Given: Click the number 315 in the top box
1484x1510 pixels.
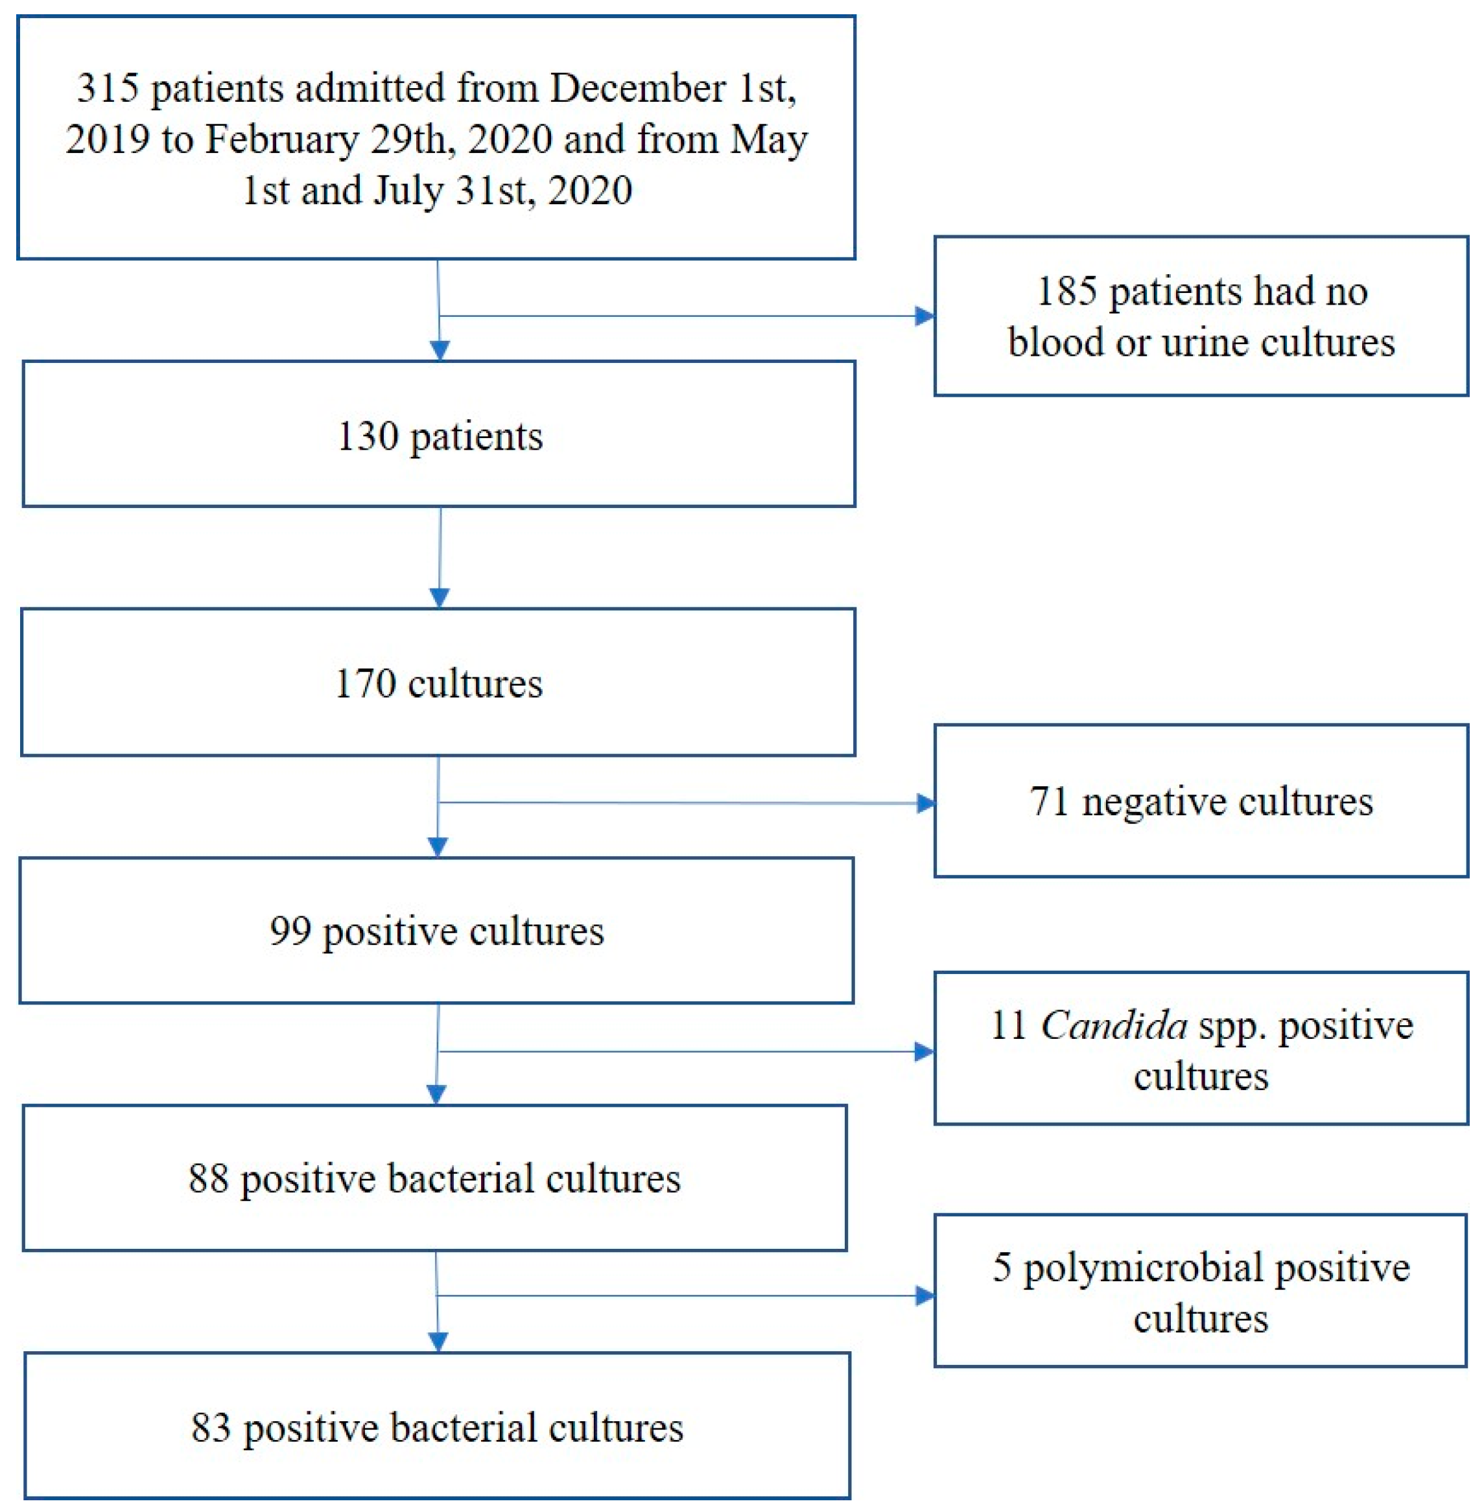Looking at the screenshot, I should click(108, 88).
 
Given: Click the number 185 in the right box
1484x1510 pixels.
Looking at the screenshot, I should click(1066, 292).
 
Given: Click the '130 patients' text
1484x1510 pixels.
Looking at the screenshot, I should click(440, 436).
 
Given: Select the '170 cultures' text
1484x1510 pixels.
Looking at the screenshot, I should click(438, 684).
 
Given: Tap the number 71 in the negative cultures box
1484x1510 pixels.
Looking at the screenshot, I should click(1048, 802).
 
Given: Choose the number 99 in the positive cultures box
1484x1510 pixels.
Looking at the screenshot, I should click(290, 931).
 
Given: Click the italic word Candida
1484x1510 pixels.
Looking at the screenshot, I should click(1114, 1025).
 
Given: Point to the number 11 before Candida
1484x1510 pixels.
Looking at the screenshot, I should click(1007, 1025).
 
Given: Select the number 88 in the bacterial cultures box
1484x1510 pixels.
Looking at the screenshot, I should click(208, 1178).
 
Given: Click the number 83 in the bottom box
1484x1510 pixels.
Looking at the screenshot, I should click(211, 1428).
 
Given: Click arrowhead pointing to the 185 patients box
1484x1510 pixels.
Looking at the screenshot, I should click(925, 316).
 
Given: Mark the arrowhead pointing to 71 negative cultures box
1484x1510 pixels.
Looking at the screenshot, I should click(925, 804).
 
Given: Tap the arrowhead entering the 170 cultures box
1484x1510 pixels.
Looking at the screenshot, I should click(440, 598).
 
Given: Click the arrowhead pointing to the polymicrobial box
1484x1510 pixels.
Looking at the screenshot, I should click(925, 1297).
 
